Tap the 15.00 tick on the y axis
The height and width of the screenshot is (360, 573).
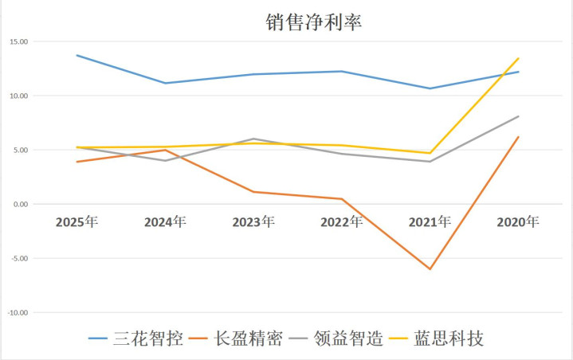coord(18,41)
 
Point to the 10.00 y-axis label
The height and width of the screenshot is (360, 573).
coord(18,96)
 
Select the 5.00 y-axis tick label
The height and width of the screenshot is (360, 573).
coord(19,150)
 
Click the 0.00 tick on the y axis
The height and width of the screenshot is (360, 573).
coord(19,204)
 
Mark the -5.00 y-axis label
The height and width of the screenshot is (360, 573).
coord(18,258)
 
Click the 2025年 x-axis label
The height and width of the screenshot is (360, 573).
coord(77,222)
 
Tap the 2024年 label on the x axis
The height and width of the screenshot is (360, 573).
coord(165,222)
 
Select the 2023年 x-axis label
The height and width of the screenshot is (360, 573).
coord(253,222)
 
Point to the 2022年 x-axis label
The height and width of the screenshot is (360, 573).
coord(342,222)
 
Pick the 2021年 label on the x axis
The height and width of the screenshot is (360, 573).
coord(430,222)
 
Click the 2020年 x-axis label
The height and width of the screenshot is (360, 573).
coord(519,222)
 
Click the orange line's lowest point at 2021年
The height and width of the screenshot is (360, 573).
coord(430,269)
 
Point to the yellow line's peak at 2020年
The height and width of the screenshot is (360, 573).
coord(519,58)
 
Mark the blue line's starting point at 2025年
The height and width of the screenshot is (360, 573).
coord(77,55)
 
